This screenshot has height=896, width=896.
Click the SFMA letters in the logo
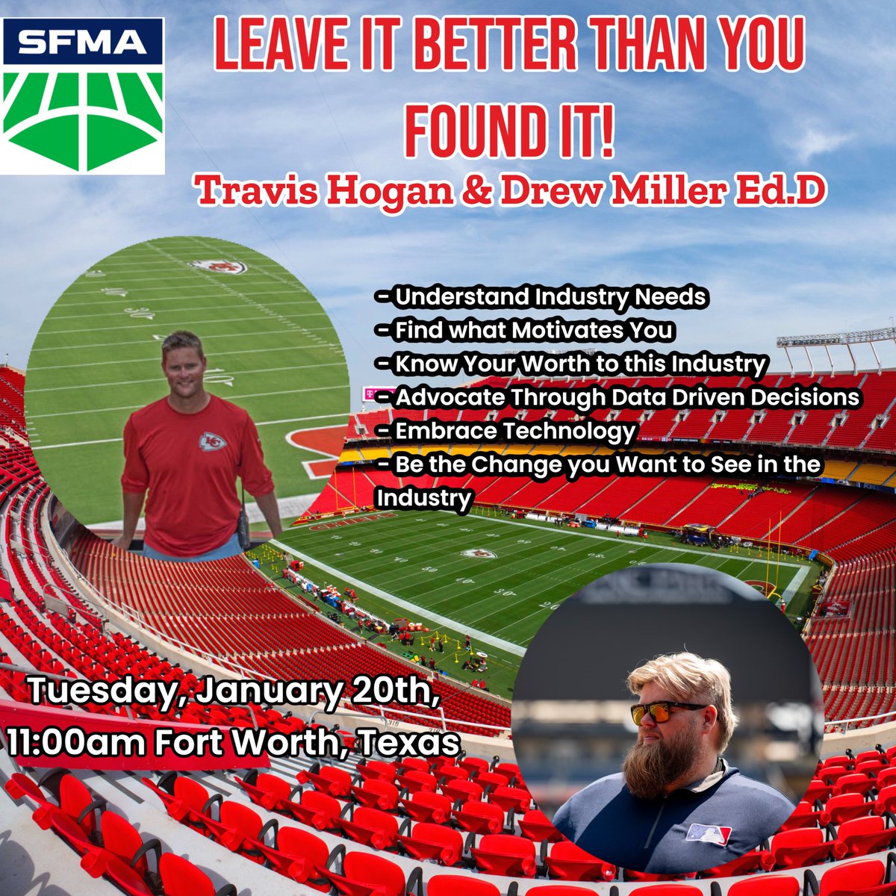[x=83, y=43]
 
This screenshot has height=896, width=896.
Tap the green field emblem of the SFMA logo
[x=83, y=119]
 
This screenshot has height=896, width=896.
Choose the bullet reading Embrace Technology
[x=508, y=431]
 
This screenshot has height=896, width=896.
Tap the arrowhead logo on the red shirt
[x=212, y=442]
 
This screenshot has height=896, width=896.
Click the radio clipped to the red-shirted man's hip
[x=243, y=532]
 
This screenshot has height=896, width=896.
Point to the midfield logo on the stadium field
[x=478, y=553]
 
